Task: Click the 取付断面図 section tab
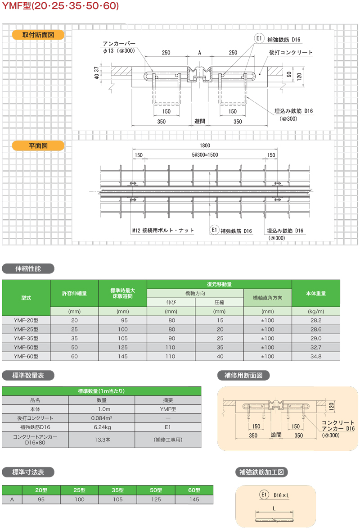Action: pos(38,35)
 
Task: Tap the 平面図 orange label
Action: pos(38,145)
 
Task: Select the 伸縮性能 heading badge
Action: pos(28,269)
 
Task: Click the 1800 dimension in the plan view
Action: pos(206,145)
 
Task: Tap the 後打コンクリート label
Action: pos(291,53)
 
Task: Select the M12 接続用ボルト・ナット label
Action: pos(163,230)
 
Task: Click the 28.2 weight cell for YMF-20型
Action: pos(316,320)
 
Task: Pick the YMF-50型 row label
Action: pos(26,347)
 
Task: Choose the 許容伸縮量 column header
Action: pos(74,293)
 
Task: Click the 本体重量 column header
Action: pos(316,293)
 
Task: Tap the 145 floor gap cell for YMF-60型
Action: pos(122,356)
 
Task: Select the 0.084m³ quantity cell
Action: pos(102,418)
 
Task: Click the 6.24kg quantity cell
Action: pos(102,427)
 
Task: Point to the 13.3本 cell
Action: pos(102,440)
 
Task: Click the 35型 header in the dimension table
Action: pos(118,490)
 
